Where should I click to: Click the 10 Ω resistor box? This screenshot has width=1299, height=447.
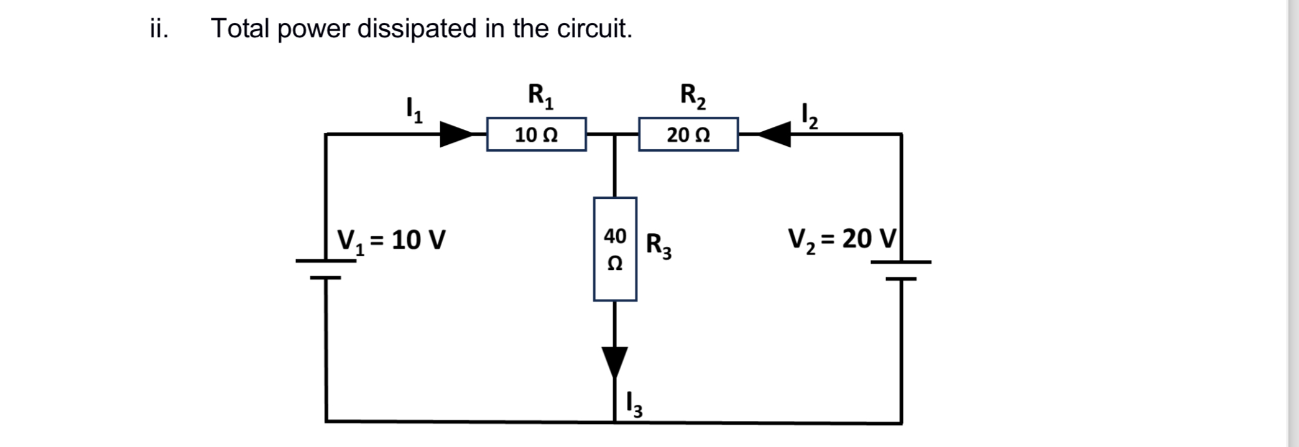click(x=536, y=134)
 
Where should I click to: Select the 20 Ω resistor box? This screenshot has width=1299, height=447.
click(x=688, y=134)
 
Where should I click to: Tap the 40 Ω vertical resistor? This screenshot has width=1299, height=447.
click(x=615, y=249)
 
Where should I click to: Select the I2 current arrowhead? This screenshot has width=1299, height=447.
click(x=774, y=134)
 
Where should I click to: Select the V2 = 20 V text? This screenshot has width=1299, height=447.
click(x=842, y=239)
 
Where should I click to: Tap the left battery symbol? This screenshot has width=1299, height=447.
click(x=326, y=269)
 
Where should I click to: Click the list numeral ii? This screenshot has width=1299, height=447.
click(x=159, y=29)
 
